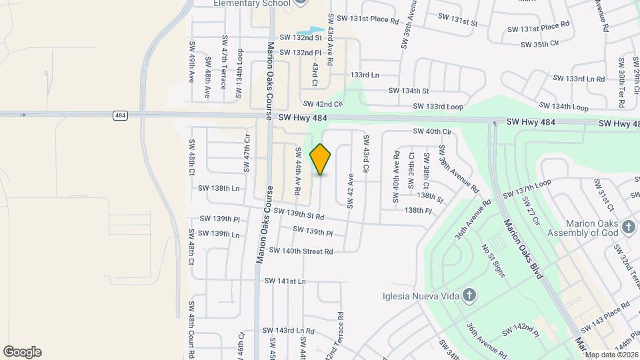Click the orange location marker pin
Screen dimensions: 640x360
(x=321, y=159)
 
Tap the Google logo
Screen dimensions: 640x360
(x=22, y=352)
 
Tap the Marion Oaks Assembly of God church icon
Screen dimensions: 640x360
(x=628, y=228)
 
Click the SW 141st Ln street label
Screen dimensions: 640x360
(x=285, y=281)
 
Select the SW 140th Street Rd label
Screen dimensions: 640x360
(x=301, y=251)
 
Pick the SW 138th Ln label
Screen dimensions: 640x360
(x=219, y=189)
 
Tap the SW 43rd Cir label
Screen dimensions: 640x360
(x=366, y=154)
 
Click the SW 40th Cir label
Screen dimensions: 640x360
(x=432, y=132)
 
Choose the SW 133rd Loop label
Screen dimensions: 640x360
(x=437, y=107)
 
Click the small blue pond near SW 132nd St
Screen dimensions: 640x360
(x=308, y=31)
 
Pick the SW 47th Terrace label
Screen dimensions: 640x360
(x=223, y=63)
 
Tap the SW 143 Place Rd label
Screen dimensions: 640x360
(x=605, y=317)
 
